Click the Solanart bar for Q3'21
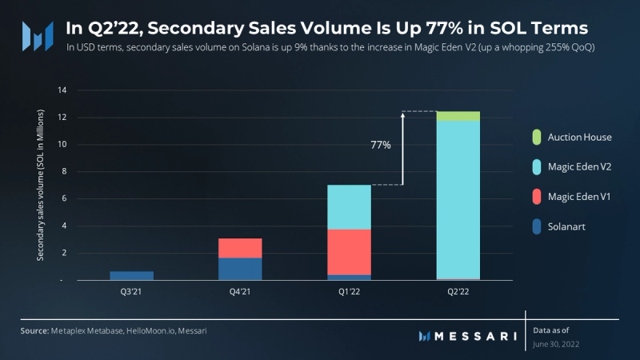131,276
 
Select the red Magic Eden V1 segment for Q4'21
240,248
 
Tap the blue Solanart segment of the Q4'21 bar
240,269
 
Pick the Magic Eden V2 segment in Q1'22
349,207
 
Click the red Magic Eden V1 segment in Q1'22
349,252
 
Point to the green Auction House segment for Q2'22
458,116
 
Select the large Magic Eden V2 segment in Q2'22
458,200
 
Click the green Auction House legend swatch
535,137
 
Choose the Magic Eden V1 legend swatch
535,196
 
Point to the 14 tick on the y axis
62,90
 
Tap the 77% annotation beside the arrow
381,146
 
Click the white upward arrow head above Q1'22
403,115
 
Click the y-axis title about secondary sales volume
40,186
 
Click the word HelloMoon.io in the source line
150,330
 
